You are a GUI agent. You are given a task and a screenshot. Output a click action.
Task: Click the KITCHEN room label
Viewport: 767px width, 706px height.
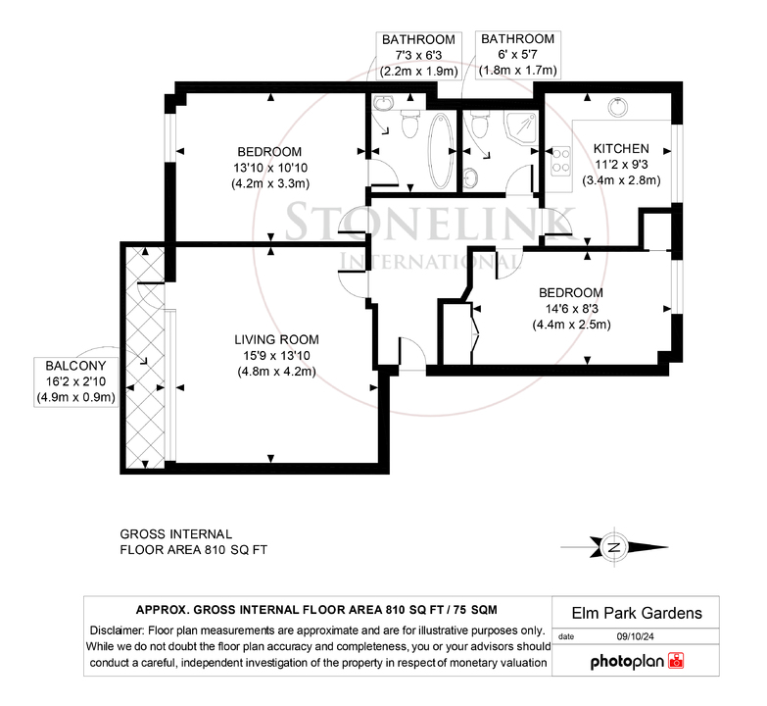pos(621,148)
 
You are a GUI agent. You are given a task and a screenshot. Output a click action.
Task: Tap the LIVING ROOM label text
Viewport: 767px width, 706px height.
pos(276,339)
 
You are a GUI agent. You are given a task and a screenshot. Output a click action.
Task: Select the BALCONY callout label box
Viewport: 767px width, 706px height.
pos(75,381)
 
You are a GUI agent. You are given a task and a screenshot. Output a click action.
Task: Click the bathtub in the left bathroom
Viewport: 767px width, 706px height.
pos(441,151)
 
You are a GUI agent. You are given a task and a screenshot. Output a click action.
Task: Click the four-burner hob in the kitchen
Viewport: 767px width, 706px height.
pos(560,162)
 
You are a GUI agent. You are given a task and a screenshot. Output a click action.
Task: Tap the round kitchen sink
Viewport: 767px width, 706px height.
pos(618,107)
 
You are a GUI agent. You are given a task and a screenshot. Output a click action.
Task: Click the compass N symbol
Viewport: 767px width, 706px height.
pos(614,547)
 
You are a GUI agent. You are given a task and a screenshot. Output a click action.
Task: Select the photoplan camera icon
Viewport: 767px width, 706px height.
pos(676,661)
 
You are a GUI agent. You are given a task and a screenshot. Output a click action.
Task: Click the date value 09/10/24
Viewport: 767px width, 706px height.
pos(635,637)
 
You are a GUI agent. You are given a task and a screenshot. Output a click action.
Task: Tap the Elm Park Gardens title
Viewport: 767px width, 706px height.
pos(637,613)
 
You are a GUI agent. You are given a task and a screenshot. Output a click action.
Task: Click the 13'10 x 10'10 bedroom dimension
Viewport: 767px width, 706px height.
pos(270,168)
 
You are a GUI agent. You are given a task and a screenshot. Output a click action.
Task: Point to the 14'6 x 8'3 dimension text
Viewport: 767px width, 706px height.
pos(571,309)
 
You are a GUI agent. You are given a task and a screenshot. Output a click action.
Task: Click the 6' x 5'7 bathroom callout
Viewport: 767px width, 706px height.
pos(517,54)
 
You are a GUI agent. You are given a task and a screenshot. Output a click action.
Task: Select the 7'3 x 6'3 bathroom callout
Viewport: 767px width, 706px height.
pos(418,55)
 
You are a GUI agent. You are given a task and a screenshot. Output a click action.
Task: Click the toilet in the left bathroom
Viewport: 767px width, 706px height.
pos(409,124)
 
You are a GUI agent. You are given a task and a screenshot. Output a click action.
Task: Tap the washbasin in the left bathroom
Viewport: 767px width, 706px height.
pos(384,103)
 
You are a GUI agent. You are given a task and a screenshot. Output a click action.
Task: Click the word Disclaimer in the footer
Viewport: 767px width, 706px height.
pos(117,630)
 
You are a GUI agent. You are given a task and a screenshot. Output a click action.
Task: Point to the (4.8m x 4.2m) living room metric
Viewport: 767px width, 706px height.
pos(276,371)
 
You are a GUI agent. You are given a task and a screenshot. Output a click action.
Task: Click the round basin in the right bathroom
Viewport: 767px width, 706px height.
pos(470,177)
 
